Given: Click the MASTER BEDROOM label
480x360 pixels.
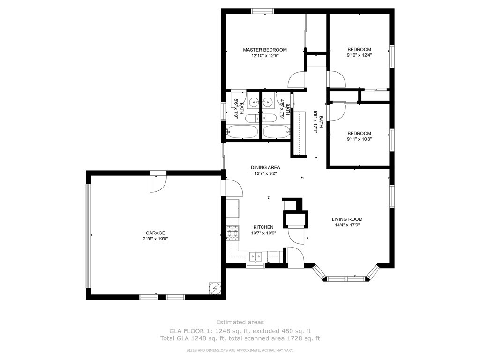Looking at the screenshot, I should click(264, 50).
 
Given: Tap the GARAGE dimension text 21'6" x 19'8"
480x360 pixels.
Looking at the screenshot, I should click(155, 239).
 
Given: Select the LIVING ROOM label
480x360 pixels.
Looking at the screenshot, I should click(347, 219).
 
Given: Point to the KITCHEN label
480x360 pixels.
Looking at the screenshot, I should click(263, 227).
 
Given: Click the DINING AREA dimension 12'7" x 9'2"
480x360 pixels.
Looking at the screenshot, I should click(265, 173).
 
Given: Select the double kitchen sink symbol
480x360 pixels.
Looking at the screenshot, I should click(256, 256).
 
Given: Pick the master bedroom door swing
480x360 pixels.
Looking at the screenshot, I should click(297, 80).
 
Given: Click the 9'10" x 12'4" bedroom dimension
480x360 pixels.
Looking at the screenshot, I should click(359, 55).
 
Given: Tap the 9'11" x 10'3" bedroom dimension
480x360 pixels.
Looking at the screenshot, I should click(359, 139).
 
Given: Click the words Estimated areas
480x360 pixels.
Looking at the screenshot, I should click(240, 322).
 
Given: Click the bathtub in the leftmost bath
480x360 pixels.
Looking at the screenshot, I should click(242, 132).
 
